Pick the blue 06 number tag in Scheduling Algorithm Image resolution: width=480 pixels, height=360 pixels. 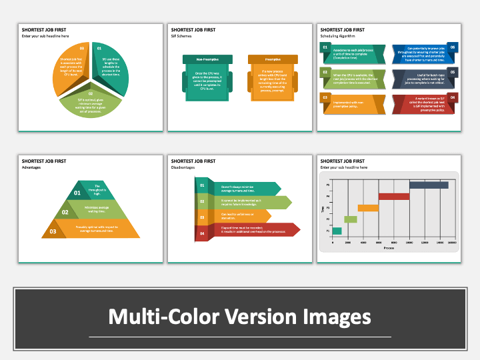point(452,48)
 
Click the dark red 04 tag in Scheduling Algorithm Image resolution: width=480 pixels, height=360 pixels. point(452,97)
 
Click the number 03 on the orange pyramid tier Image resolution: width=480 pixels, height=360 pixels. point(53,232)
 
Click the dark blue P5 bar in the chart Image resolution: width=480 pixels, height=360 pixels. point(428,185)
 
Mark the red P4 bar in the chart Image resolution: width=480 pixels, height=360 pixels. point(393,197)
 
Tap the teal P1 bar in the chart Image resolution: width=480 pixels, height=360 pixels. point(337,231)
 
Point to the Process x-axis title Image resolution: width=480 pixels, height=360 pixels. point(389,248)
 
